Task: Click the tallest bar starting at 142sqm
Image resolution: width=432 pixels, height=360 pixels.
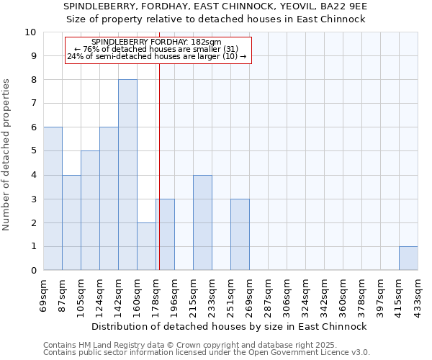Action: click(127, 175)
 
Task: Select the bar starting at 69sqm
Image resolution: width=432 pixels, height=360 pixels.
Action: click(53, 199)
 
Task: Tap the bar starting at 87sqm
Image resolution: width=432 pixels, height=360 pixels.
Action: click(71, 222)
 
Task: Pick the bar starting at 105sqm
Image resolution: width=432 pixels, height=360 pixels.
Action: click(90, 210)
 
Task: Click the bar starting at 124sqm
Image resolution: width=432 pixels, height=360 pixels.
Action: click(109, 199)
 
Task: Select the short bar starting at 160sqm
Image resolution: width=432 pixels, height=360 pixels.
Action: click(146, 246)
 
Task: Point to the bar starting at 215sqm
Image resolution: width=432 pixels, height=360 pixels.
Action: click(202, 222)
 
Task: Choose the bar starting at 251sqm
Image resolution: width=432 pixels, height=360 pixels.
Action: click(240, 235)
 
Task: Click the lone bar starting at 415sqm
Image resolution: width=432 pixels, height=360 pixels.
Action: click(408, 258)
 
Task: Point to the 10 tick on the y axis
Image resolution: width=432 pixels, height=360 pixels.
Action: click(30, 32)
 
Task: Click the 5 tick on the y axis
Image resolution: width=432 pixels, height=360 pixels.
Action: click(33, 151)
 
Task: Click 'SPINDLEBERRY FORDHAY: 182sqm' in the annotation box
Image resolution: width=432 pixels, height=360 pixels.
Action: click(157, 42)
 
